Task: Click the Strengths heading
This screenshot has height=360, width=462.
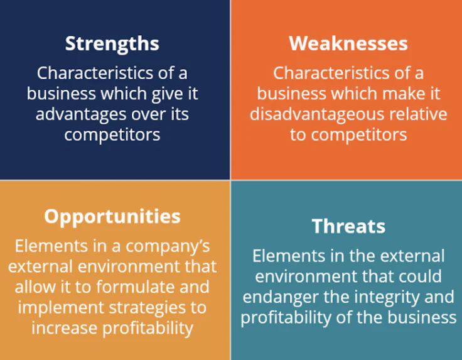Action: point(112,44)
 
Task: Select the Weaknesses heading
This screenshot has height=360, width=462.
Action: point(348,44)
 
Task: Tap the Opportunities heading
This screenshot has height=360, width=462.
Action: point(112,217)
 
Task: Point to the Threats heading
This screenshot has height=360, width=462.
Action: point(348,226)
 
